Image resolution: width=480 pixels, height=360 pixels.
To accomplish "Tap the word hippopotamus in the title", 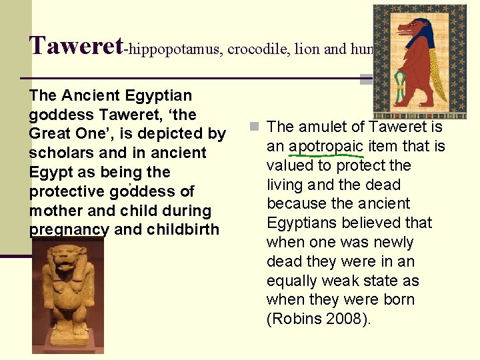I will pyautogui.click(x=173, y=49).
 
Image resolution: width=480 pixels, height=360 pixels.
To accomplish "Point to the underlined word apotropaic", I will pyautogui.click(x=326, y=146).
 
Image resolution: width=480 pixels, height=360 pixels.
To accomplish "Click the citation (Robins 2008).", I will pyautogui.click(x=319, y=319).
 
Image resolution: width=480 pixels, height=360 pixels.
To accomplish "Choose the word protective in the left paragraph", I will pyautogui.click(x=67, y=191).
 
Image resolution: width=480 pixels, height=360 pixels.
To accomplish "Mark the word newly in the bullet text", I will pyautogui.click(x=391, y=242).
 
